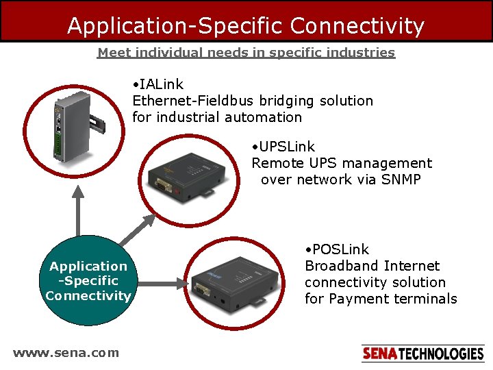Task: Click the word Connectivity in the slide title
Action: pos(357,26)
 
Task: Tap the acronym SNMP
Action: pos(401,180)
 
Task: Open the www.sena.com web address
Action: pos(66,353)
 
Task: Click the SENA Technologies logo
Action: pos(422,354)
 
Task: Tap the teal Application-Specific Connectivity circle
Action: pos(88,281)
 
